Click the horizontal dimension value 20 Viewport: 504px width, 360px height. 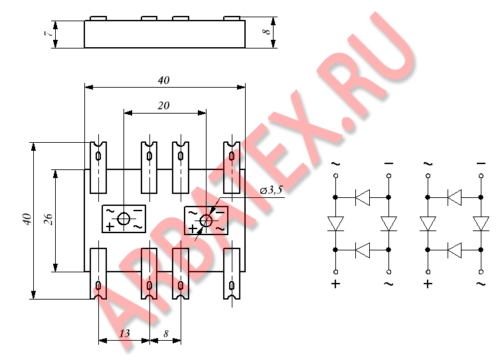coord(163,106)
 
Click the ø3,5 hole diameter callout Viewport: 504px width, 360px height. coord(271,190)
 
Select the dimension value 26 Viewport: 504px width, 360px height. coord(48,219)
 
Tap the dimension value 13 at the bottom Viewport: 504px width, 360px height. coord(125,333)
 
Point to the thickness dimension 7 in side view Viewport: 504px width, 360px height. coord(48,33)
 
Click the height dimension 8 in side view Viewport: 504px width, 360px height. coord(266,31)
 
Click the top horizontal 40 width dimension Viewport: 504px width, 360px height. coord(163,80)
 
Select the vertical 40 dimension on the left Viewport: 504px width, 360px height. coord(27,219)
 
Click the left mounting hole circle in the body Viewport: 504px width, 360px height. coord(124,219)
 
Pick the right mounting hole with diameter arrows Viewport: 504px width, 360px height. coord(206,221)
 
